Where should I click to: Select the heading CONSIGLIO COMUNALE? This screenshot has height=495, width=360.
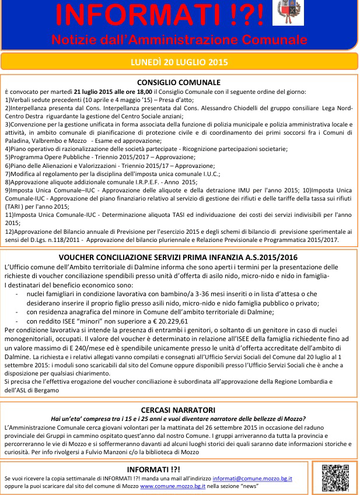(179, 82)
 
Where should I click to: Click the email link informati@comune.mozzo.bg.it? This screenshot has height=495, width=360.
(252, 478)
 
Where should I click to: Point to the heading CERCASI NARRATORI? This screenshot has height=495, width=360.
(179, 410)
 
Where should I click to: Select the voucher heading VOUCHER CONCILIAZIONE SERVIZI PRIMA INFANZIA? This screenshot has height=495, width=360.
(179, 257)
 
